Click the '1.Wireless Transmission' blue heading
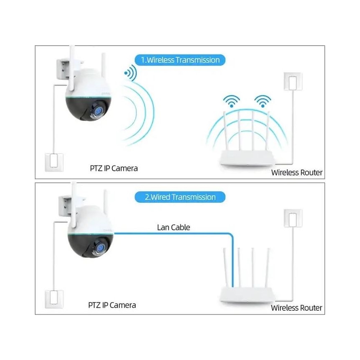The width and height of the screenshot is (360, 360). pyautogui.click(x=180, y=60)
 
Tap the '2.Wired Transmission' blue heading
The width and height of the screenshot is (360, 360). pyautogui.click(x=180, y=197)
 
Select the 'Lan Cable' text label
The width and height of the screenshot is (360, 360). pyautogui.click(x=173, y=227)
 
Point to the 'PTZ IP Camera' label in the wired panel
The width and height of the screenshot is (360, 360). pyautogui.click(x=112, y=305)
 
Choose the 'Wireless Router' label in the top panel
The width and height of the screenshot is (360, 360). pyautogui.click(x=296, y=172)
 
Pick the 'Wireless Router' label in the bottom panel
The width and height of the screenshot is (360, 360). pyautogui.click(x=296, y=308)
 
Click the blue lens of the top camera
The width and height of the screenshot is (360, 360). pyautogui.click(x=100, y=111)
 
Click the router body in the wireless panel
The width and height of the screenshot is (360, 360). pyautogui.click(x=246, y=158)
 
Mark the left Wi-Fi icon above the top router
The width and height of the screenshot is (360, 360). pyautogui.click(x=231, y=101)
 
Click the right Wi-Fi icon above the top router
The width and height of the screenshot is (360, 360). pyautogui.click(x=263, y=101)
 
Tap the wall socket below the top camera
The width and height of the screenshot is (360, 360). pyautogui.click(x=54, y=162)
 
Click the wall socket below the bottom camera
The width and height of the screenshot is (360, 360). pyautogui.click(x=54, y=298)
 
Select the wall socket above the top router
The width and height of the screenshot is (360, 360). pyautogui.click(x=293, y=82)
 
